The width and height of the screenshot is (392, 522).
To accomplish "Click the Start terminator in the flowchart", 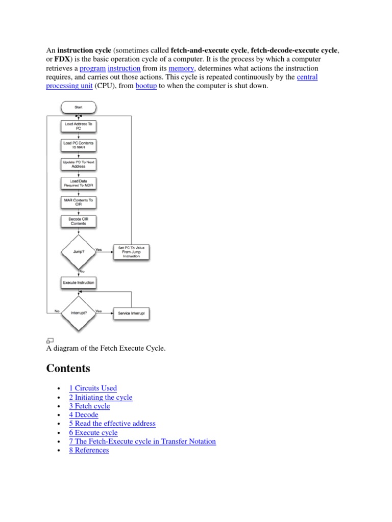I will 78,108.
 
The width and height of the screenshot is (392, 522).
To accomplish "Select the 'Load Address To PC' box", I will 78,126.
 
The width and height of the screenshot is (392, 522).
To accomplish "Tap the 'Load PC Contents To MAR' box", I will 78,145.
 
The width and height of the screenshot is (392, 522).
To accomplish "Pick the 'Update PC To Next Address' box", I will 78,164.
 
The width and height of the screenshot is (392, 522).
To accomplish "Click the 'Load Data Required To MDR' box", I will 78,182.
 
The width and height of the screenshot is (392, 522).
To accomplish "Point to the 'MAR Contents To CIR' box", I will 78,202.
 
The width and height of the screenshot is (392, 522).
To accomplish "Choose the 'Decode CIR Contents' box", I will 78,221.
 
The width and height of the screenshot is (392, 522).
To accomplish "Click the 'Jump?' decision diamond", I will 78,251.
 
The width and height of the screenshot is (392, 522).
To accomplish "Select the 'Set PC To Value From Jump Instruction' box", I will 131,252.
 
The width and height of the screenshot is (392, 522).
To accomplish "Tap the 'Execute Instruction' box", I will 78,282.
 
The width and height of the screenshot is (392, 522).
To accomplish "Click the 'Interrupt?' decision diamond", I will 78,312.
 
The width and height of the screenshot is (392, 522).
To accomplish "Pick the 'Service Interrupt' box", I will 131,313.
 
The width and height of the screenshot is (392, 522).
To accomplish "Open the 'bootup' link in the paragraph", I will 146,86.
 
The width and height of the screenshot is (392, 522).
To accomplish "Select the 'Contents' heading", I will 68,368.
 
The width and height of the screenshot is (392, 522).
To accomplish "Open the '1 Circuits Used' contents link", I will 93,388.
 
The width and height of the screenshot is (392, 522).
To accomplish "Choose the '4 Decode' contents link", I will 84,414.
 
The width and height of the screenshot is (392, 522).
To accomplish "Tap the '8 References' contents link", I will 89,450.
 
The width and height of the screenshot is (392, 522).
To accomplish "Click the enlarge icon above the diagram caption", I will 50,340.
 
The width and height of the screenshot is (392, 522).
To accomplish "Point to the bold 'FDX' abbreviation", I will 62,59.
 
